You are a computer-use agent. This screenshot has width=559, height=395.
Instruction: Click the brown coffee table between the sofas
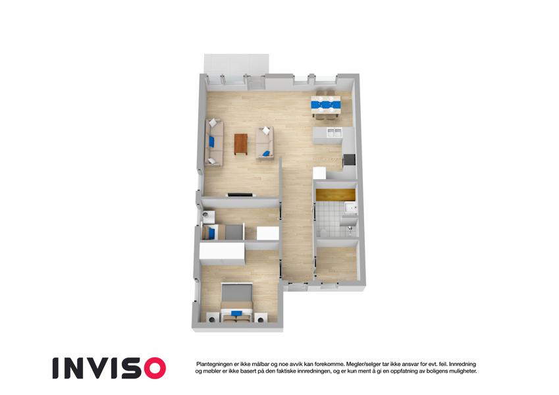point(240,144)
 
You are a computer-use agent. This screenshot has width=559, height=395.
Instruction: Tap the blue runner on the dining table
point(326,105)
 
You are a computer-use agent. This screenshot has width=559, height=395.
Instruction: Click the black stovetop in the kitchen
point(349,160)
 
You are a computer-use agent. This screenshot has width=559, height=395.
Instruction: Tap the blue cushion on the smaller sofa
point(265,153)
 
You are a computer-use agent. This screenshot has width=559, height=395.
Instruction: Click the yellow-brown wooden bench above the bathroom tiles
point(336,195)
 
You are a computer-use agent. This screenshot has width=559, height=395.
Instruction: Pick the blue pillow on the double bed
point(236,313)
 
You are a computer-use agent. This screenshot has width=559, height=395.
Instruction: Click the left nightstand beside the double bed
point(212,317)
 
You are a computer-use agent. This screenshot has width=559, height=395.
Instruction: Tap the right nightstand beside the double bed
point(260,317)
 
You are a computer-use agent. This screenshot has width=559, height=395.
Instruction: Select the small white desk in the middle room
point(268,234)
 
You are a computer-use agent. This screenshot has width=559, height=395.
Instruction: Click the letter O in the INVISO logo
point(152,368)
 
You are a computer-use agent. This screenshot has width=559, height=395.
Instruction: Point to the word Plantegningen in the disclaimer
point(213,364)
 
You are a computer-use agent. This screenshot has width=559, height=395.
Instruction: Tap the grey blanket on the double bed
point(237,293)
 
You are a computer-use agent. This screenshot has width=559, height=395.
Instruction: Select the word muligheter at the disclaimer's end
point(463,371)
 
